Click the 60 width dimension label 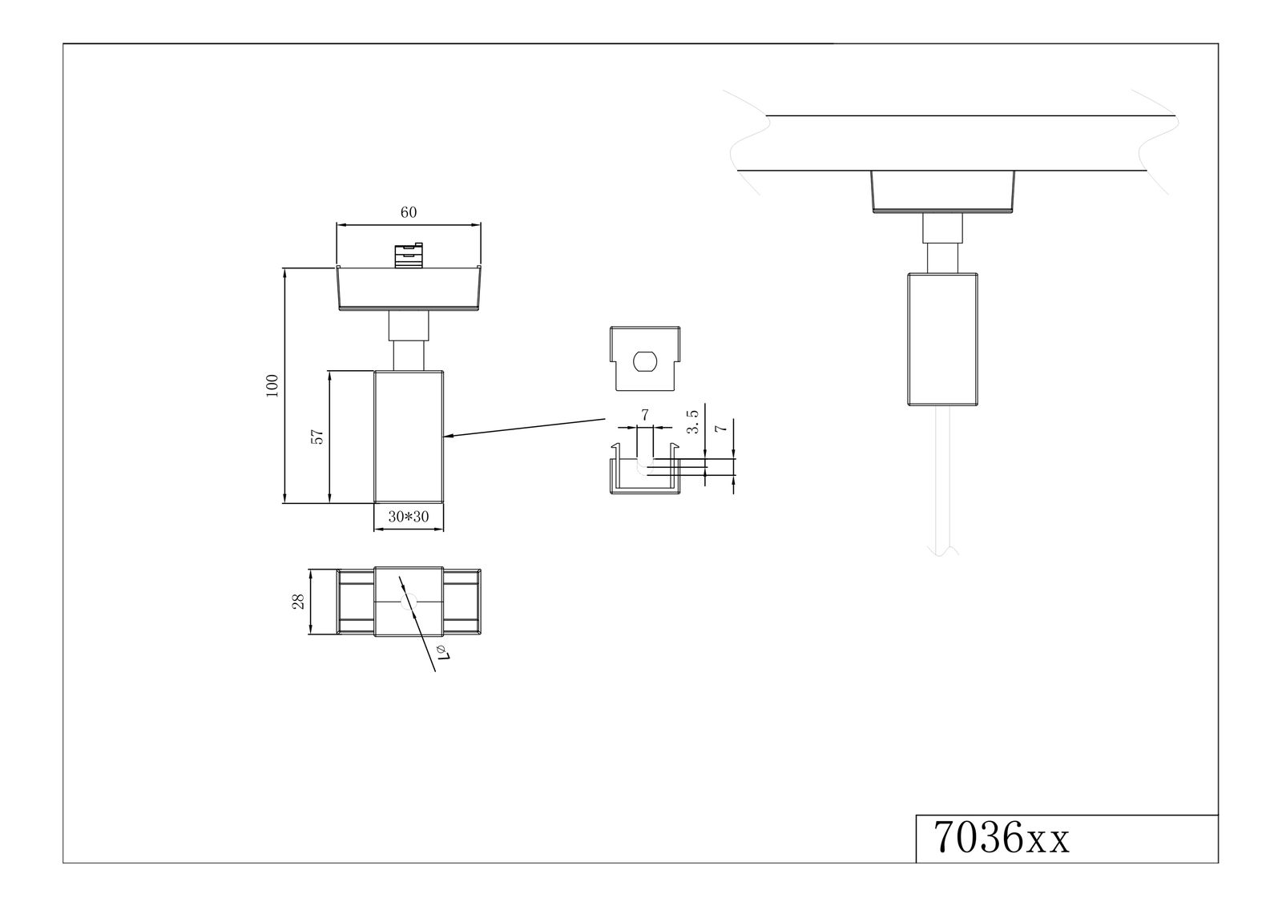click(408, 212)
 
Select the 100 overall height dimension click(272, 386)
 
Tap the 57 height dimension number click(317, 437)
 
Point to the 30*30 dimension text click(408, 516)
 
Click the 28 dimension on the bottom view click(298, 601)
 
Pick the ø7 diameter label click(444, 652)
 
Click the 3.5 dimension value click(692, 421)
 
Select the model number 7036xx click(1001, 839)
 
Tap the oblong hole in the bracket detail click(645, 362)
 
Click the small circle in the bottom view click(409, 602)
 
